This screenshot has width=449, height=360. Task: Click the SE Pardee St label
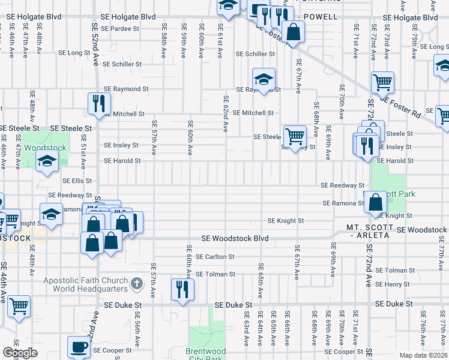pyautogui.click(x=120, y=28)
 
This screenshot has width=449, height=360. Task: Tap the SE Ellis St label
pyautogui.click(x=77, y=180)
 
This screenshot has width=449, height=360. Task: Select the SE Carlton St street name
pyautogui.click(x=214, y=257)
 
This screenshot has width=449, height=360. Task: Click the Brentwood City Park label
pyautogui.click(x=206, y=355)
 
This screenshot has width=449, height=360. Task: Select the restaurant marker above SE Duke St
pyautogui.click(x=182, y=289)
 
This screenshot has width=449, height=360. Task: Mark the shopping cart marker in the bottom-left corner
pyautogui.click(x=19, y=306)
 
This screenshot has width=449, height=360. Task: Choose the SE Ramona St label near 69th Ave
pyautogui.click(x=343, y=203)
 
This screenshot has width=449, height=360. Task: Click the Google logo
pyautogui.click(x=20, y=353)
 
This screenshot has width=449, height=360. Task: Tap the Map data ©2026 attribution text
pyautogui.click(x=423, y=355)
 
